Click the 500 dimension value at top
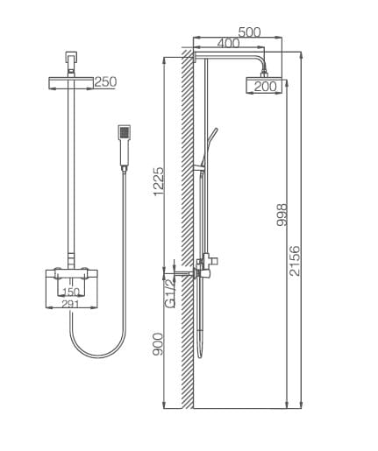pos(249,32)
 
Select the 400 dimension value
pos(228,43)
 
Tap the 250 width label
pos(105,82)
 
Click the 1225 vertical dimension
pos(159,181)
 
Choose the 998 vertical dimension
pos(282,215)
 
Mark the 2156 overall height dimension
pos(295,261)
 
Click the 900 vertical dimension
pos(159,343)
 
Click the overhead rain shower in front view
pos(70,82)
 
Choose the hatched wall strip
pos(187,228)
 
